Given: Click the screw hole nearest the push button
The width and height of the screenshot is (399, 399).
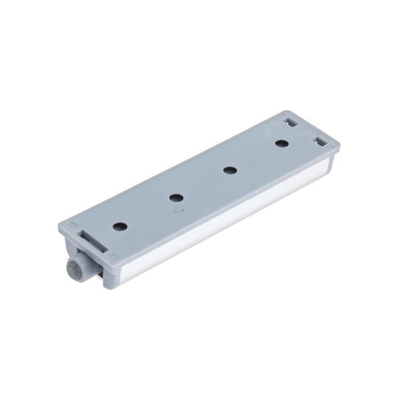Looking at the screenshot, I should [x=120, y=226].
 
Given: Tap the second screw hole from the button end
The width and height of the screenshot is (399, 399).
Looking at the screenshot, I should [x=176, y=198].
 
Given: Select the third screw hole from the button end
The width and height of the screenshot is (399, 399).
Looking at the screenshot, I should [x=230, y=170].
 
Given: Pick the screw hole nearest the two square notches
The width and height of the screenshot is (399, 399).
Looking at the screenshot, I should [x=280, y=143].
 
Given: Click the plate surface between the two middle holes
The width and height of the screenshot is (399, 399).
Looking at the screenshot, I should [x=203, y=184].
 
